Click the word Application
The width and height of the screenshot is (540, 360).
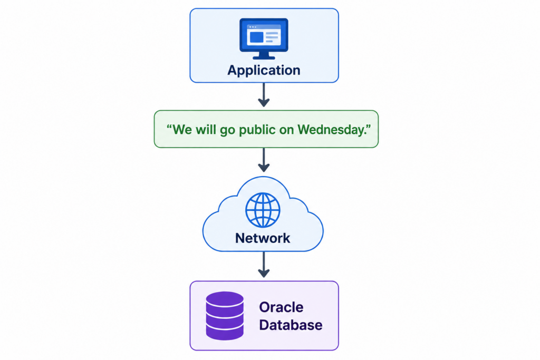pos(264,71)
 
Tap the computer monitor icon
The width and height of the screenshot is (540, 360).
pos(264,38)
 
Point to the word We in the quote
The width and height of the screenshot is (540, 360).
pos(182,130)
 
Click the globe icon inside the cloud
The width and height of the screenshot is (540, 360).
pos(263,210)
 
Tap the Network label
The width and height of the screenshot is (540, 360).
pos(263,238)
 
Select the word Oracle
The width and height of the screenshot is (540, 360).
pos(281,307)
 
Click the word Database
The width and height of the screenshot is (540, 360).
pos(291,325)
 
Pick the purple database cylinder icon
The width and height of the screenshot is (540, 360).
pos(225,316)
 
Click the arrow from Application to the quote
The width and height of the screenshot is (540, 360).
pos(264,95)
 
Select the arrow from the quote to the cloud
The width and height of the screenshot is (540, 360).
pos(264,160)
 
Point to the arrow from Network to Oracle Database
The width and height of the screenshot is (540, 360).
pos(264,264)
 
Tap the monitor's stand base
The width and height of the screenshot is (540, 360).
pos(264,57)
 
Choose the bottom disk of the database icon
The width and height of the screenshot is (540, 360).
pos(225,333)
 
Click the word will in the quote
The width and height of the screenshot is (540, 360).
pos(206,130)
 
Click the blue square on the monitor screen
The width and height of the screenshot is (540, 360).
pos(256,37)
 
